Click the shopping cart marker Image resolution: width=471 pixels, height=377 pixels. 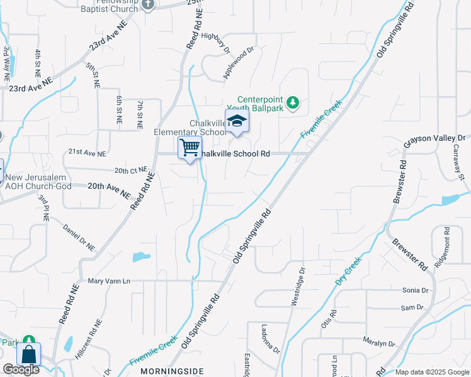pyautogui.click(x=190, y=148)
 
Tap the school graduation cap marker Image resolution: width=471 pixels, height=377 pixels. pyautogui.click(x=237, y=121)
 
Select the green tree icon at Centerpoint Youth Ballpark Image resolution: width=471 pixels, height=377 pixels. pyautogui.click(x=292, y=102)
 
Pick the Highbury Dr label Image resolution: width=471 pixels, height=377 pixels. pyautogui.click(x=219, y=45)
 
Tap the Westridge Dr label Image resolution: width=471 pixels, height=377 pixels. pyautogui.click(x=298, y=287)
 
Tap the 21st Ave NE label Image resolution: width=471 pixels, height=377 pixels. pyautogui.click(x=87, y=153)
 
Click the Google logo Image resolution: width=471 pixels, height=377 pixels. pyautogui.click(x=21, y=369)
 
